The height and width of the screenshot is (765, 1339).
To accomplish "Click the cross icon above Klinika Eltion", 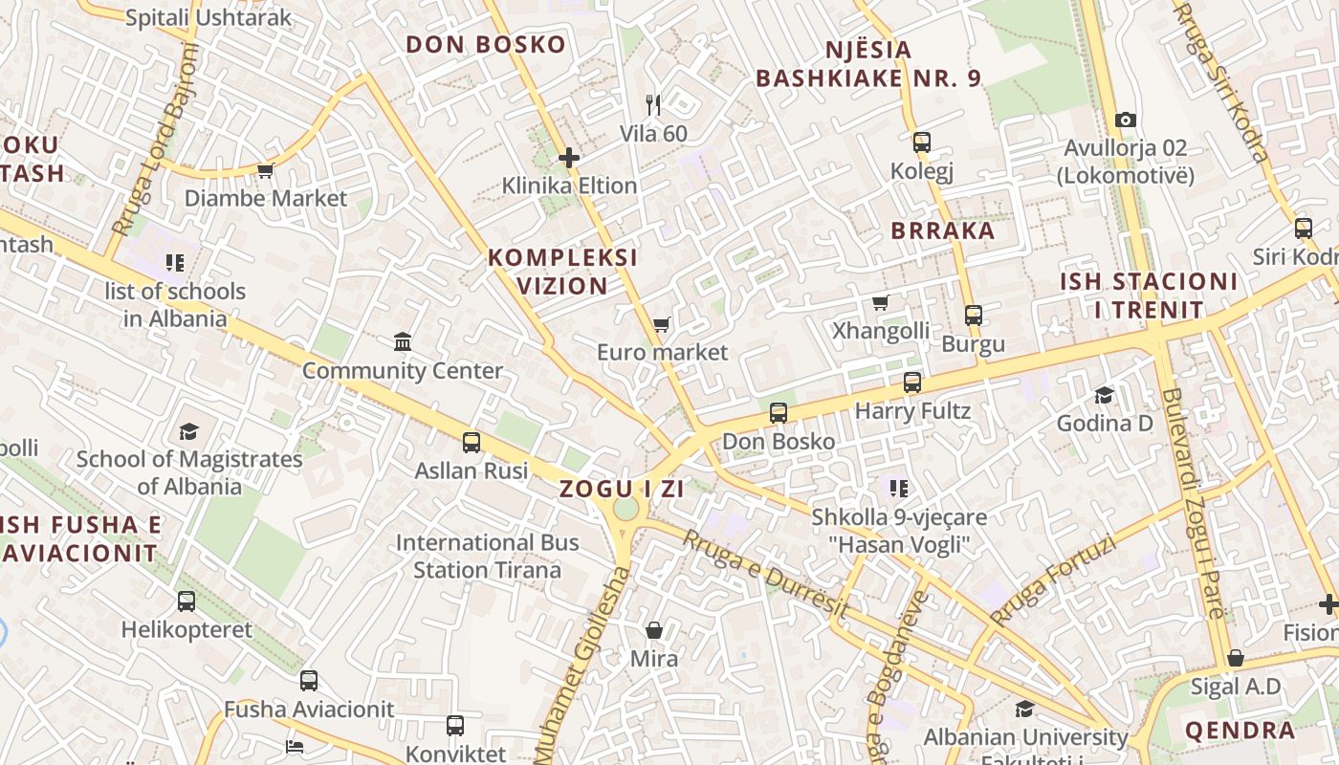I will (x=569, y=158).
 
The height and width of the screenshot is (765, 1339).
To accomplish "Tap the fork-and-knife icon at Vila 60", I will (x=653, y=105).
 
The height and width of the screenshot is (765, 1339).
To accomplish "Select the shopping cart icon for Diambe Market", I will (x=265, y=171).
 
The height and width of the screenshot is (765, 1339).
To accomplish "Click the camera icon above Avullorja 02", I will (x=1126, y=120).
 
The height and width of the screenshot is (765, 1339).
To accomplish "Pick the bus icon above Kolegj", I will (x=921, y=143).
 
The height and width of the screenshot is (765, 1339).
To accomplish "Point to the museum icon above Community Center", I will (x=403, y=342).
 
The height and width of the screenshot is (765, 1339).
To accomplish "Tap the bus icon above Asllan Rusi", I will (x=472, y=443).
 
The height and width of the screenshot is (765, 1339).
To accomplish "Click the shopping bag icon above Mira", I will (x=654, y=630).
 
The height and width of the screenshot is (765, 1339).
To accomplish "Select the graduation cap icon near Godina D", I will (x=1105, y=396).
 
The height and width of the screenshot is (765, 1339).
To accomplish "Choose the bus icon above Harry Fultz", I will (x=912, y=383).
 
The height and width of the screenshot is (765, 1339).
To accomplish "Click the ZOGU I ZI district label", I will (x=622, y=489).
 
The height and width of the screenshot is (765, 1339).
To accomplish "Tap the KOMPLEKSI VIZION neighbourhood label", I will (x=562, y=272).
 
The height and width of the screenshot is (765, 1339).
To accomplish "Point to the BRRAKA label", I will (x=943, y=230).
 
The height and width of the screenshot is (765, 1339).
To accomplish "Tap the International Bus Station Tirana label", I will (x=488, y=556).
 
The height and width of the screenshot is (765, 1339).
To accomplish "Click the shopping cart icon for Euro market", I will (x=661, y=325).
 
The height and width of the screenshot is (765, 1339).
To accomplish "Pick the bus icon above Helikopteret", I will (x=187, y=601).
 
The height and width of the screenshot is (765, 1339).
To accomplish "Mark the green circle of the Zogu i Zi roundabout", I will (x=626, y=509).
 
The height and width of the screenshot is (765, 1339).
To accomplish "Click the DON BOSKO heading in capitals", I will (x=486, y=45).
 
